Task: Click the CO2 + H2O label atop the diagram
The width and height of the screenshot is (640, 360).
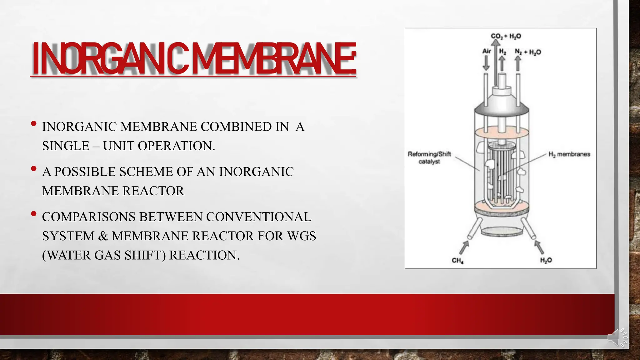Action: click(x=506, y=36)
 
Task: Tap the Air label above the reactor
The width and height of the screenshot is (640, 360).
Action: click(x=487, y=51)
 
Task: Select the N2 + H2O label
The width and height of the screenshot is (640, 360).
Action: click(x=528, y=52)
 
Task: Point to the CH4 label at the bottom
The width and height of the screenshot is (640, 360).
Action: click(x=457, y=260)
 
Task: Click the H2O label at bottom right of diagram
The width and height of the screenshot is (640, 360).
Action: click(x=546, y=260)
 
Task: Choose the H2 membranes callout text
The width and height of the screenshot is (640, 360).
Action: click(x=569, y=154)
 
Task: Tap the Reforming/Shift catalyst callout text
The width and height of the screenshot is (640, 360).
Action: click(x=429, y=158)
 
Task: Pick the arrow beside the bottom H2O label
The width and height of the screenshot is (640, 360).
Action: click(x=539, y=247)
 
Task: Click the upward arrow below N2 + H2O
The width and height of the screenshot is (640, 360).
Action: click(x=518, y=63)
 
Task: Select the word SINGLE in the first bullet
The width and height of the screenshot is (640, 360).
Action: click(x=66, y=146)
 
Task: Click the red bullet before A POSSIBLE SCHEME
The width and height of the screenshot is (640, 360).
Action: click(x=34, y=169)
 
